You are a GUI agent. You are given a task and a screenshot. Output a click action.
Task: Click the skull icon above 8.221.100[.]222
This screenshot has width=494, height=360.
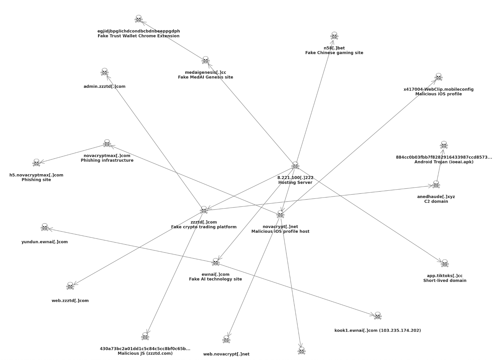click(x=295, y=165)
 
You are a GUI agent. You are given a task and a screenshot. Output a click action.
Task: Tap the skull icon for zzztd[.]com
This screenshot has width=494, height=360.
click(x=204, y=210)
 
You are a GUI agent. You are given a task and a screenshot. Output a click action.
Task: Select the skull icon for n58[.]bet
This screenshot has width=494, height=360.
click(x=334, y=36)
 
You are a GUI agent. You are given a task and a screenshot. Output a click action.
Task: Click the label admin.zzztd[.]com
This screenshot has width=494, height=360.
click(x=104, y=86)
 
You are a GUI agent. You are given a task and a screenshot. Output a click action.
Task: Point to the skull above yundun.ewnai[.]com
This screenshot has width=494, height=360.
click(x=45, y=228)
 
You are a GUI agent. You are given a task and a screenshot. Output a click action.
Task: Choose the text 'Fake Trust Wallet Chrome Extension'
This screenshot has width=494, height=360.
click(x=138, y=36)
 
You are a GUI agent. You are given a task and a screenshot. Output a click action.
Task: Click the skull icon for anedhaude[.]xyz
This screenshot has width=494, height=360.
click(x=436, y=184)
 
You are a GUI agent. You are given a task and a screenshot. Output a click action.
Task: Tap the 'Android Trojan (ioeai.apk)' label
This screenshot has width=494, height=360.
click(x=444, y=162)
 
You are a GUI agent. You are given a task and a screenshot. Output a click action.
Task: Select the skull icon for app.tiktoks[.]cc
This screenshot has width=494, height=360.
click(x=445, y=263)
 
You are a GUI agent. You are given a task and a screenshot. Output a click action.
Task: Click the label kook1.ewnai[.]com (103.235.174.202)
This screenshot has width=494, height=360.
click(x=377, y=330)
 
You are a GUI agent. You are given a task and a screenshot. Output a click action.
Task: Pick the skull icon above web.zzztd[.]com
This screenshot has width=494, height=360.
click(x=70, y=286)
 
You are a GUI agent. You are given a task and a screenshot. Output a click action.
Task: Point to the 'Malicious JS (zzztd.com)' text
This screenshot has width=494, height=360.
click(x=145, y=353)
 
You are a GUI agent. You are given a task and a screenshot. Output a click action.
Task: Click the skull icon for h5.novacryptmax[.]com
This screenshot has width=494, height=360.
click(x=36, y=163)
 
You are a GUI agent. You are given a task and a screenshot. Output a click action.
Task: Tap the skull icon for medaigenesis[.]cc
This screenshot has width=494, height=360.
click(x=205, y=60)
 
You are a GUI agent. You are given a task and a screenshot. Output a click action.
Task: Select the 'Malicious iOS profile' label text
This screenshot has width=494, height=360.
click(x=438, y=94)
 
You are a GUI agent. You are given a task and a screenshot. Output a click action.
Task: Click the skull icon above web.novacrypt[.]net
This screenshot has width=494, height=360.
click(x=226, y=340)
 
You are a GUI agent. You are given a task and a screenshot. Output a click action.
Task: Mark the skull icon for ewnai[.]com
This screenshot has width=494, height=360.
click(x=216, y=262)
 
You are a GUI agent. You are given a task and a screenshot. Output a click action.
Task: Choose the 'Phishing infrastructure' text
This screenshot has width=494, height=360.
click(x=107, y=160)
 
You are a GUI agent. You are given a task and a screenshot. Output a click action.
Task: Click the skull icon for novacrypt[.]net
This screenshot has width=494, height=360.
click(x=280, y=214)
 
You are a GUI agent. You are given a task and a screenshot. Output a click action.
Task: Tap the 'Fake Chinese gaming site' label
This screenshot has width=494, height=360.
click(x=334, y=53)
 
